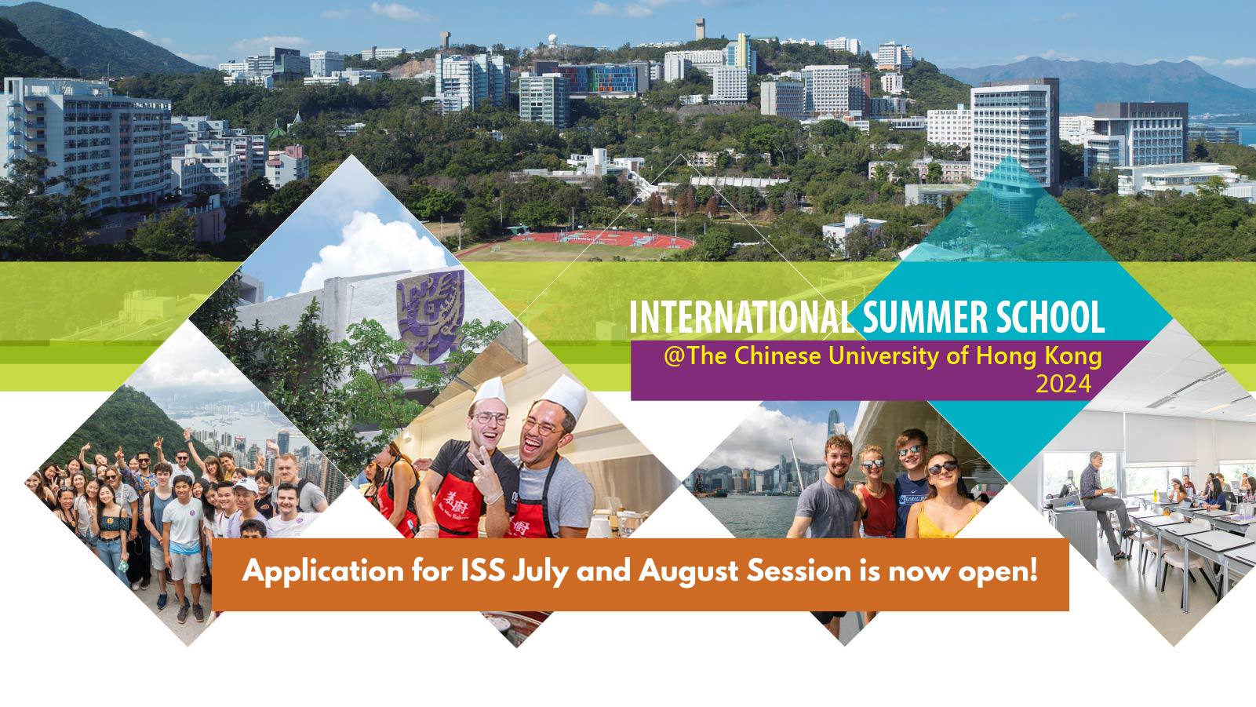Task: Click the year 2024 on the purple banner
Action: point(1063,384)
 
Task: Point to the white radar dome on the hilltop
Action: point(553,39)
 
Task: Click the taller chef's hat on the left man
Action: point(489,392)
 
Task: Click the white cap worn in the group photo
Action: point(246,485)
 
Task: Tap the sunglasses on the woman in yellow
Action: point(942,467)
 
